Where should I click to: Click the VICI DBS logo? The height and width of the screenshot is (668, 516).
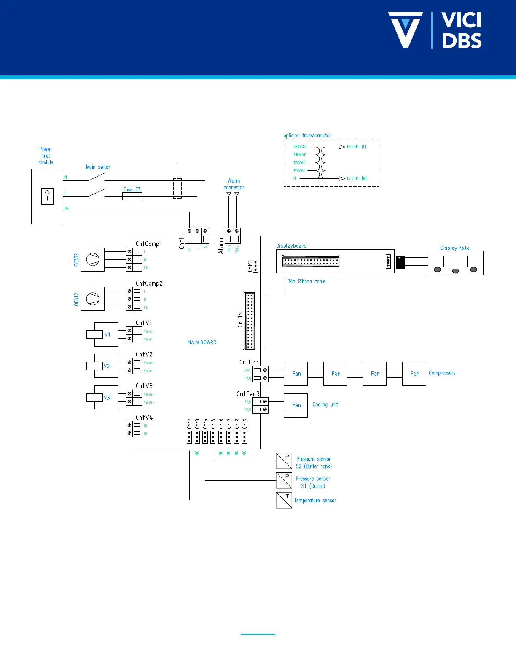click(x=435, y=30)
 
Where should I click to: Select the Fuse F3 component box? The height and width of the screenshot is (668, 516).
click(x=132, y=196)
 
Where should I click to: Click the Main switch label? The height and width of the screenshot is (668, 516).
click(x=98, y=167)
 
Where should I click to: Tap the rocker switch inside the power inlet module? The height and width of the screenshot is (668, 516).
click(x=47, y=196)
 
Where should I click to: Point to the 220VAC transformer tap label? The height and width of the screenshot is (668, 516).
click(x=300, y=147)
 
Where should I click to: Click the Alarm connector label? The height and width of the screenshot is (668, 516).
click(x=234, y=184)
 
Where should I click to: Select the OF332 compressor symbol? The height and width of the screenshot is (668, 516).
click(x=92, y=259)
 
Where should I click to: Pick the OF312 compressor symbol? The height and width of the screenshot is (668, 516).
click(x=92, y=299)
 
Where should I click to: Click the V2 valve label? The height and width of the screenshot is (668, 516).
click(x=107, y=366)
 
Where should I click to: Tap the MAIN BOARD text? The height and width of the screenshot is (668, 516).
click(x=202, y=342)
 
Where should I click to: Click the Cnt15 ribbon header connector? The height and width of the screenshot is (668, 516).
click(x=250, y=321)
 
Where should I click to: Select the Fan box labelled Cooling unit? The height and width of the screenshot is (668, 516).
click(x=296, y=405)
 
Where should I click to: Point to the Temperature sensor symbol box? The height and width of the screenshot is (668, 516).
click(x=284, y=500)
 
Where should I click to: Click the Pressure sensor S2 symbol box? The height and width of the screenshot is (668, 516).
click(x=284, y=461)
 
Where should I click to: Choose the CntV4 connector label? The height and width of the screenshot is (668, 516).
click(x=144, y=417)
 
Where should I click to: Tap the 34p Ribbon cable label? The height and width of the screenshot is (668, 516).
click(x=306, y=282)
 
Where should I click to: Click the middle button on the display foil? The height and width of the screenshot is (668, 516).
click(x=455, y=271)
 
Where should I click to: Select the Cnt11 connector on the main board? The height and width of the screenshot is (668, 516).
click(x=255, y=267)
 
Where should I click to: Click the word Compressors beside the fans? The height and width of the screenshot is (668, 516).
click(x=442, y=373)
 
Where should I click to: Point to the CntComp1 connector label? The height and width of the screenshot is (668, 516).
click(x=149, y=244)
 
